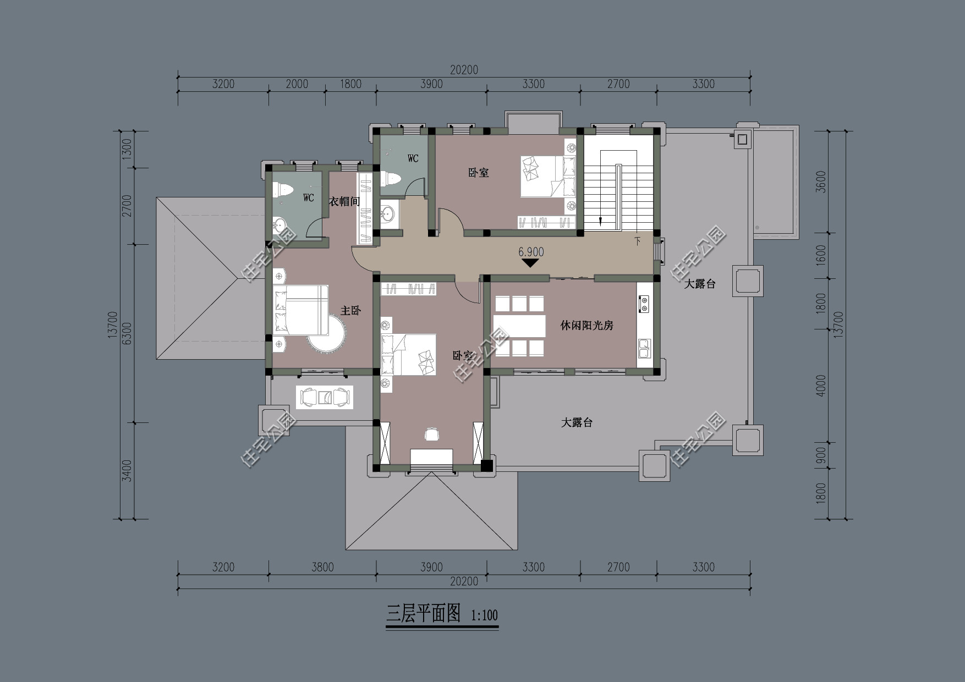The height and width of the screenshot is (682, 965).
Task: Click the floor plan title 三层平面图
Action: tap(423, 613)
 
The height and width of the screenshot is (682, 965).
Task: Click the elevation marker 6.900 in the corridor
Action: tap(530, 252)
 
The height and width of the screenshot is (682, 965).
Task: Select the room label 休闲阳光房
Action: tap(586, 326)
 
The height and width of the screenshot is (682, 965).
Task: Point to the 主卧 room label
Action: tap(350, 311)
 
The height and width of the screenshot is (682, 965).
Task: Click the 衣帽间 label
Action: tap(344, 202)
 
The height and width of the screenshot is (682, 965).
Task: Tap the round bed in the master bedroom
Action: tap(328, 333)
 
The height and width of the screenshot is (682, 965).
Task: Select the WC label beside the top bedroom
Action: tap(413, 158)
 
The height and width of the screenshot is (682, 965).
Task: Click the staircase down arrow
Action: tap(600, 221)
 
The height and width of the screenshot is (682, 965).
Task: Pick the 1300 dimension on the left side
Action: tap(127, 149)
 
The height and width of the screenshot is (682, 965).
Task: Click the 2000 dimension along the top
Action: tap(297, 84)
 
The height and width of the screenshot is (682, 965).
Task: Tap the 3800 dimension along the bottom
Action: tap(322, 567)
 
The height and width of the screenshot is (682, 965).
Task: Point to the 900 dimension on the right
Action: tap(821, 455)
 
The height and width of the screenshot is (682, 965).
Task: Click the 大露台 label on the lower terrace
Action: tap(577, 423)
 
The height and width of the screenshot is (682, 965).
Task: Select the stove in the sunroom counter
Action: tap(643, 304)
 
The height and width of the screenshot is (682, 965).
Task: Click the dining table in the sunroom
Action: tap(519, 326)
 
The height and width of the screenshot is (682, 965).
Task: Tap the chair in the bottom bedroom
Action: tap(432, 435)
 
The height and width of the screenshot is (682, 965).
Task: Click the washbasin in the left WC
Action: tap(279, 224)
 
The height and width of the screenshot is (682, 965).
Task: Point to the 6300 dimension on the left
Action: tap(127, 333)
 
